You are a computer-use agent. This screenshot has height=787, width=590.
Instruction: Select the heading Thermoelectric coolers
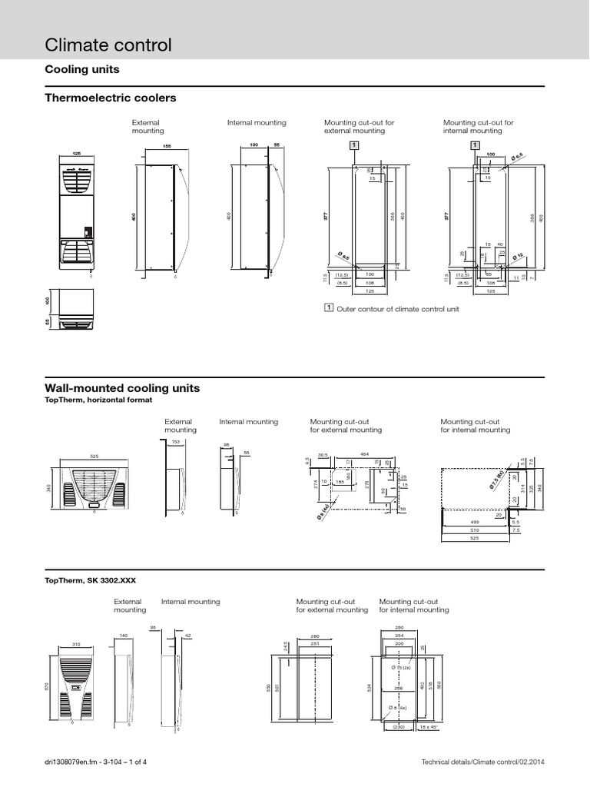click(111, 98)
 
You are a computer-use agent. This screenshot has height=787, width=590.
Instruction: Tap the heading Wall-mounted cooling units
click(122, 389)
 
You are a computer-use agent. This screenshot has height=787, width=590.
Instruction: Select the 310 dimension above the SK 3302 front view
click(76, 643)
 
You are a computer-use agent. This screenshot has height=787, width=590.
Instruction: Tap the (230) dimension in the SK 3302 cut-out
click(398, 726)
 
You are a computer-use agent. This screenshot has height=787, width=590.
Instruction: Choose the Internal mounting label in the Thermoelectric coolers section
click(257, 122)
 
